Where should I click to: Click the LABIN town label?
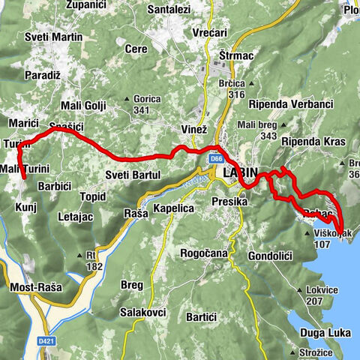pyautogui.click(x=240, y=173)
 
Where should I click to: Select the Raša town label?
pyautogui.click(x=135, y=214)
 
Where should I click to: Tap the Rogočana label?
pyautogui.click(x=201, y=253)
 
